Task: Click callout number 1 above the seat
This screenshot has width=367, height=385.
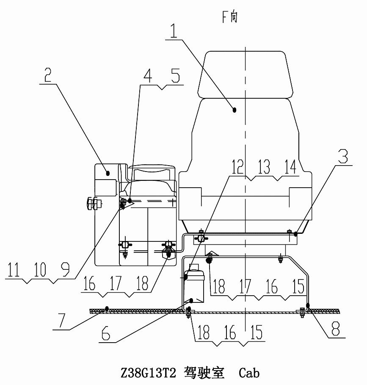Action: click(x=174, y=30)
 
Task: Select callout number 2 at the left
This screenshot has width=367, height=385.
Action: click(x=48, y=75)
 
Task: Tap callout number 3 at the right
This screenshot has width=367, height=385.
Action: click(x=343, y=156)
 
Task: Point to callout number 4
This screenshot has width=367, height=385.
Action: click(x=148, y=76)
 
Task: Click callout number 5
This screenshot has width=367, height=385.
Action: click(x=176, y=76)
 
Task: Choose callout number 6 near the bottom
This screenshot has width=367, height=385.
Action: click(x=106, y=333)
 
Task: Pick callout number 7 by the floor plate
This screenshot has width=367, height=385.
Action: click(x=61, y=321)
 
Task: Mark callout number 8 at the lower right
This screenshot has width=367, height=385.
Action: click(x=336, y=329)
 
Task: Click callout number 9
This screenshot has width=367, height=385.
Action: click(x=65, y=269)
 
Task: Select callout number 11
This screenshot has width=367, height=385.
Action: click(x=14, y=269)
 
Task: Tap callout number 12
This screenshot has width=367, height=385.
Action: click(x=237, y=167)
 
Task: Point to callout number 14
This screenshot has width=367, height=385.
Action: click(x=290, y=167)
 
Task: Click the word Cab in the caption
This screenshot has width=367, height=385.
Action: click(x=249, y=373)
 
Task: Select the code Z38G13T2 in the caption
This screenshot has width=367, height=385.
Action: click(x=148, y=373)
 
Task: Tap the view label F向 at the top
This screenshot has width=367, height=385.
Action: click(x=230, y=17)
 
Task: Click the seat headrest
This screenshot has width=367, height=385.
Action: click(x=246, y=75)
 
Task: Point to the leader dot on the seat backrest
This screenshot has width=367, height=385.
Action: click(x=234, y=110)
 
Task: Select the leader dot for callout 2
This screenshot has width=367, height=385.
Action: click(x=108, y=173)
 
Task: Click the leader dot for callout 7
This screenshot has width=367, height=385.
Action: click(x=107, y=308)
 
